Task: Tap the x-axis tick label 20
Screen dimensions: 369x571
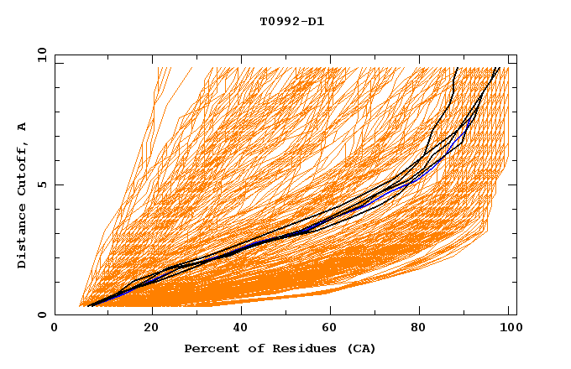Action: (x=152, y=328)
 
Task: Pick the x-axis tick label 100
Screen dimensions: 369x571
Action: (x=508, y=328)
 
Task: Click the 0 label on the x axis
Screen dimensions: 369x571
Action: (x=55, y=328)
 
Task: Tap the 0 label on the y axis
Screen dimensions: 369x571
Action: (x=40, y=314)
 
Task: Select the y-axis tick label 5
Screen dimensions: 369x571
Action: (x=40, y=184)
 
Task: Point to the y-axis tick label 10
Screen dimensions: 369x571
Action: (x=40, y=55)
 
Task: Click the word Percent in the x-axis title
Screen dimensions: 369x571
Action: (x=211, y=348)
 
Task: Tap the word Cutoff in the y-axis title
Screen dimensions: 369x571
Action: (x=23, y=171)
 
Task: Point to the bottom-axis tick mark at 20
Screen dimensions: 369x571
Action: (x=152, y=312)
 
